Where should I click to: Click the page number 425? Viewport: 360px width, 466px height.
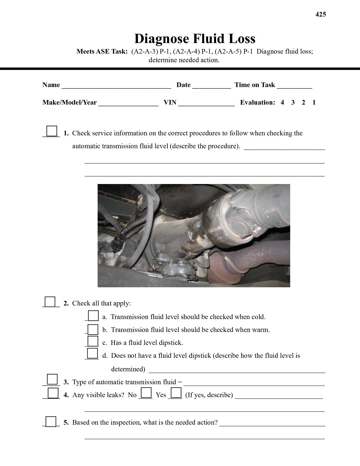click(x=320, y=14)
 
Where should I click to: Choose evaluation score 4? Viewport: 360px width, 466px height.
click(x=282, y=103)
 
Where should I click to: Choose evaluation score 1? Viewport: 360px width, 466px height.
click(x=314, y=103)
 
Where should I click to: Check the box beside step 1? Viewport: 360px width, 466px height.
click(x=52, y=131)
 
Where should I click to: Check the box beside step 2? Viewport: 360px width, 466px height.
click(x=50, y=302)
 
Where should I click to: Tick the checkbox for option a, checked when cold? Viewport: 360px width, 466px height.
click(x=93, y=316)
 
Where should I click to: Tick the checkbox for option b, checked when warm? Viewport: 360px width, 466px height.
click(x=93, y=329)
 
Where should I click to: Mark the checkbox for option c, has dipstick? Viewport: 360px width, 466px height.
click(x=93, y=341)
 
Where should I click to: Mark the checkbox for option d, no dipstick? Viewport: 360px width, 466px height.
click(x=93, y=353)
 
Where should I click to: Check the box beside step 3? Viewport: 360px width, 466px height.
click(x=52, y=379)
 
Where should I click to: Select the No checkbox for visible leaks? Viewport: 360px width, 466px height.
click(x=146, y=393)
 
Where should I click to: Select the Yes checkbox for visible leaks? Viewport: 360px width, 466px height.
click(x=176, y=393)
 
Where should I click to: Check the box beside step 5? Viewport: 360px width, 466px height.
click(x=51, y=421)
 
